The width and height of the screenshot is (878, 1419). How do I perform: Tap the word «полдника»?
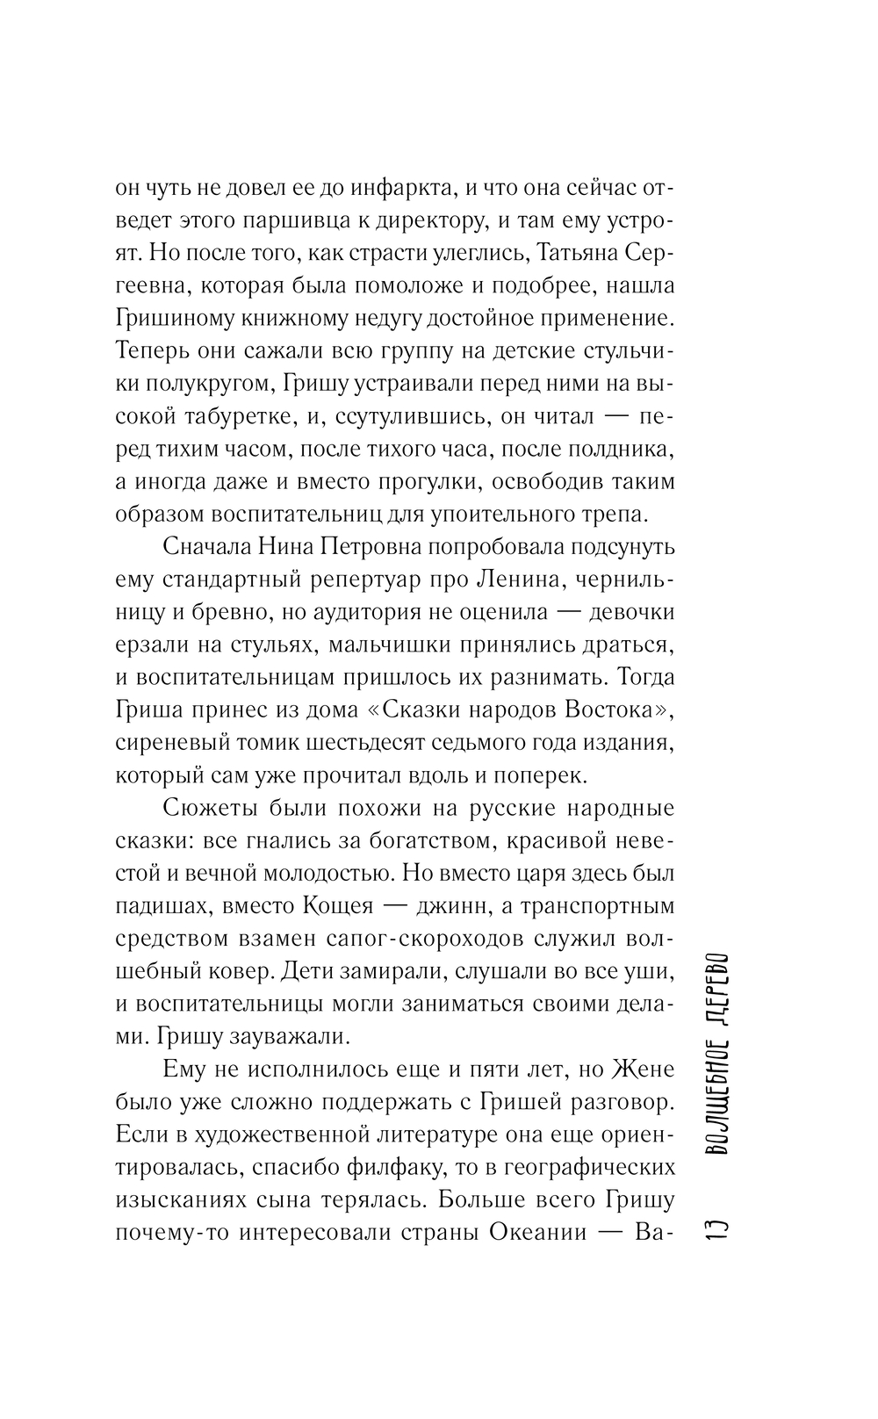612,449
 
